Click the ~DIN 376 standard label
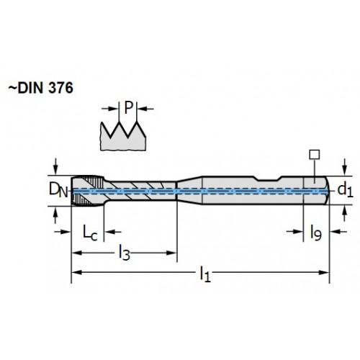40,88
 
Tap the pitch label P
128,108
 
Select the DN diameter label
58,189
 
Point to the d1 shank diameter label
345,189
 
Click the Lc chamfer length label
90,233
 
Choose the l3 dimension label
125,253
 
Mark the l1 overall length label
205,274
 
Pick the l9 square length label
315,233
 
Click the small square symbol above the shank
315,155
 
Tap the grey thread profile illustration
123,136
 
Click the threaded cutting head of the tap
88,191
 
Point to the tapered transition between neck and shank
189,191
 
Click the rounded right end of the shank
328,191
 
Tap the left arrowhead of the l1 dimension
77,272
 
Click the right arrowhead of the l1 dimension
323,272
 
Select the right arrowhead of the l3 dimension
171,253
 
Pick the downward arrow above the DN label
55,166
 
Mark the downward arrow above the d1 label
345,167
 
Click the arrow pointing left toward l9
338,232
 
